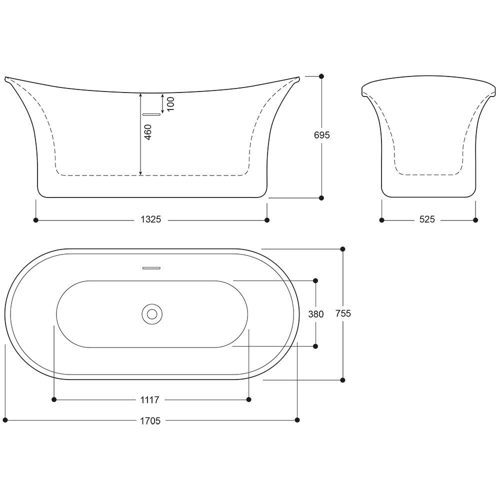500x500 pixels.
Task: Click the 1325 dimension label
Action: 151,219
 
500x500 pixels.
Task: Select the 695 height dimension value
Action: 321,135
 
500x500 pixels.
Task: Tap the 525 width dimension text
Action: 427,219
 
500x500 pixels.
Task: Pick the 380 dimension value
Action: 316,314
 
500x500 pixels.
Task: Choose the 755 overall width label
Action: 343,314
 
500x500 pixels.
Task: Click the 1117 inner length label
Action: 149,400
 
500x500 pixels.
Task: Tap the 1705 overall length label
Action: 150,421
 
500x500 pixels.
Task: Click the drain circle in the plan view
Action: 152,314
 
